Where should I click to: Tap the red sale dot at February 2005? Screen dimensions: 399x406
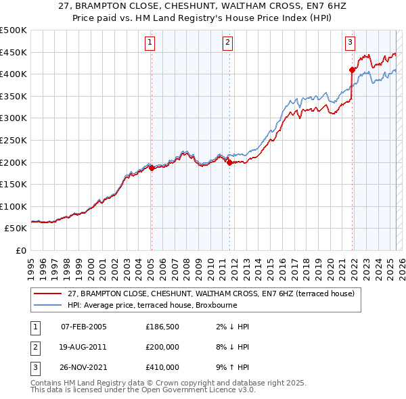[x=152, y=168]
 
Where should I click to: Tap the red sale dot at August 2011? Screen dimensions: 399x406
[x=229, y=162]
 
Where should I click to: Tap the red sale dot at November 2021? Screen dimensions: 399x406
[x=352, y=70]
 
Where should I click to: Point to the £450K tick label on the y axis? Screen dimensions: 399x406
[x=14, y=52]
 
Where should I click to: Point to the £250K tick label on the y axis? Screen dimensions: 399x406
[x=14, y=140]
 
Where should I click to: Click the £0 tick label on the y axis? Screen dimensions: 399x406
[x=20, y=250]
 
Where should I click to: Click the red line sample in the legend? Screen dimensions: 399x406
[x=47, y=294]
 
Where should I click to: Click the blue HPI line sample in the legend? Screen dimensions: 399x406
[x=47, y=305]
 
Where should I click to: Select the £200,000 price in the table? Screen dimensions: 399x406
[x=162, y=348]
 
